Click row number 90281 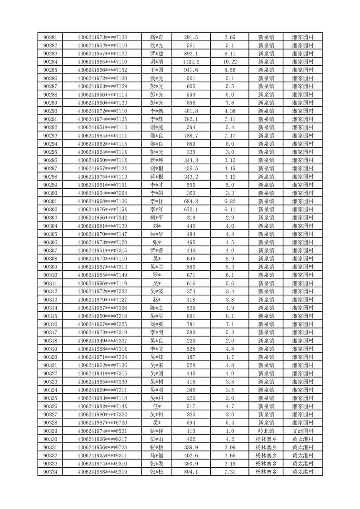pyautogui.click(x=50, y=37)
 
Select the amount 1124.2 pyautogui.click(x=191, y=62)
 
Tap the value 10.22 pyautogui.click(x=229, y=62)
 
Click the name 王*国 pyautogui.click(x=157, y=70)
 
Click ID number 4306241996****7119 pyautogui.click(x=102, y=283)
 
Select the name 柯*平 pyautogui.click(x=157, y=218)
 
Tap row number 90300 pyautogui.click(x=50, y=193)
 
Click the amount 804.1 pyautogui.click(x=191, y=472)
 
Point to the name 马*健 pyautogui.click(x=157, y=455)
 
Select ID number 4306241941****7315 pyautogui.click(x=102, y=373)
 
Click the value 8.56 pyautogui.click(x=229, y=70)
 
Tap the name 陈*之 pyautogui.click(x=157, y=308)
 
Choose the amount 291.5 pyautogui.click(x=191, y=37)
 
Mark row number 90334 pyautogui.click(x=50, y=472)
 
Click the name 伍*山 pyautogui.click(x=157, y=439)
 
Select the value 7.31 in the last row pyautogui.click(x=229, y=472)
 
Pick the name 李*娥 pyautogui.click(x=157, y=193)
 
